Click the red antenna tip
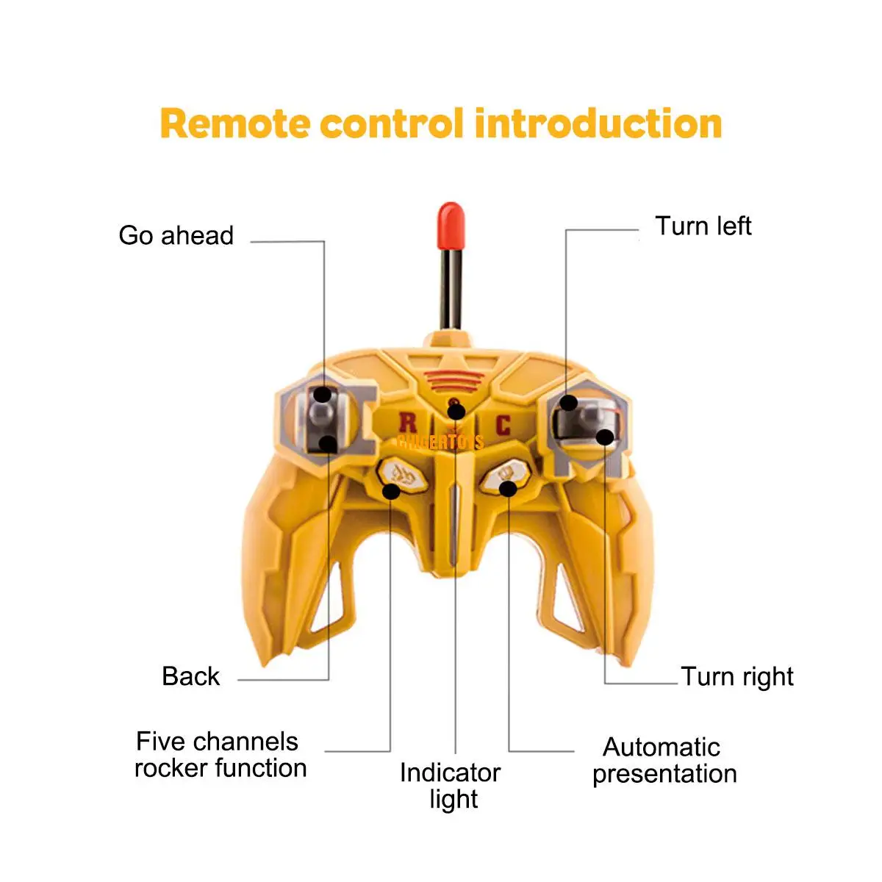[x=450, y=225]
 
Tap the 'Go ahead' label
[x=176, y=236]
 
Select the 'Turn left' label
[x=703, y=226]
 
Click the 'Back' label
[x=190, y=676]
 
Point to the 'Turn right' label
[x=737, y=676]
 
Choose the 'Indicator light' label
[x=451, y=786]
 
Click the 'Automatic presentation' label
[x=664, y=760]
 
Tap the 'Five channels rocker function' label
[x=220, y=755]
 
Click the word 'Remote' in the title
[x=235, y=123]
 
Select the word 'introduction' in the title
[x=598, y=123]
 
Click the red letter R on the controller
[x=407, y=423]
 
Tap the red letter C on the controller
[x=503, y=425]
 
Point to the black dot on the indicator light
[x=456, y=412]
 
